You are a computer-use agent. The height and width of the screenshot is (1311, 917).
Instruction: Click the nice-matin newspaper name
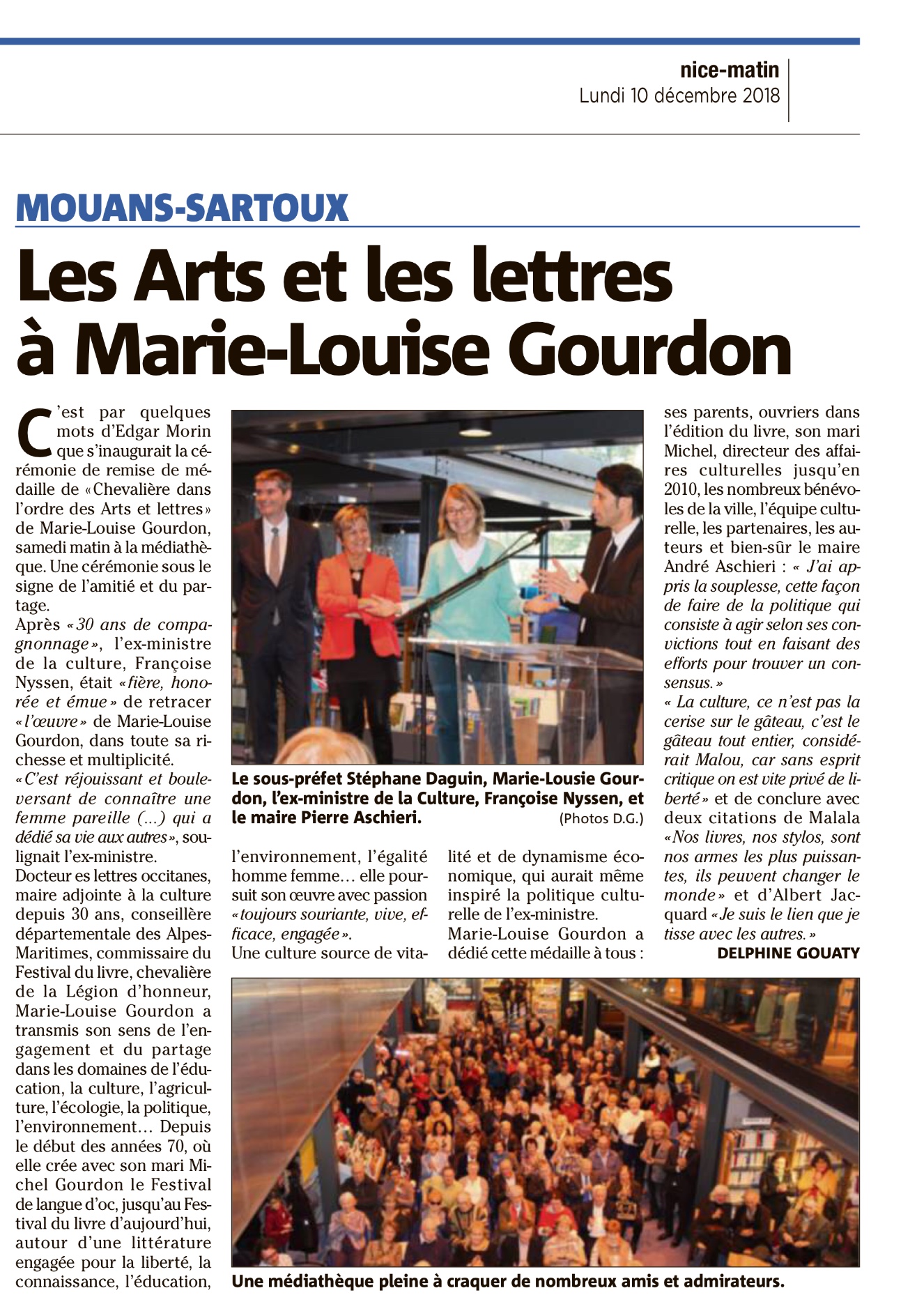[x=730, y=70]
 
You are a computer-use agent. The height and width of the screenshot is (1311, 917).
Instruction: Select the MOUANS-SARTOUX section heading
[x=182, y=207]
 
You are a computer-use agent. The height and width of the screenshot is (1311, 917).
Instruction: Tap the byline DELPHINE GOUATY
[x=788, y=953]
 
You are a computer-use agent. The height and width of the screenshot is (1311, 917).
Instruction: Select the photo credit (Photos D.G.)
[x=601, y=819]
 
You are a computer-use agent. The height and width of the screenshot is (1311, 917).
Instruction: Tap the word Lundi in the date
[x=601, y=95]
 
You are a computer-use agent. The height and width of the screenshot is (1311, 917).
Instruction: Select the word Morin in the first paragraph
[x=187, y=431]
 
